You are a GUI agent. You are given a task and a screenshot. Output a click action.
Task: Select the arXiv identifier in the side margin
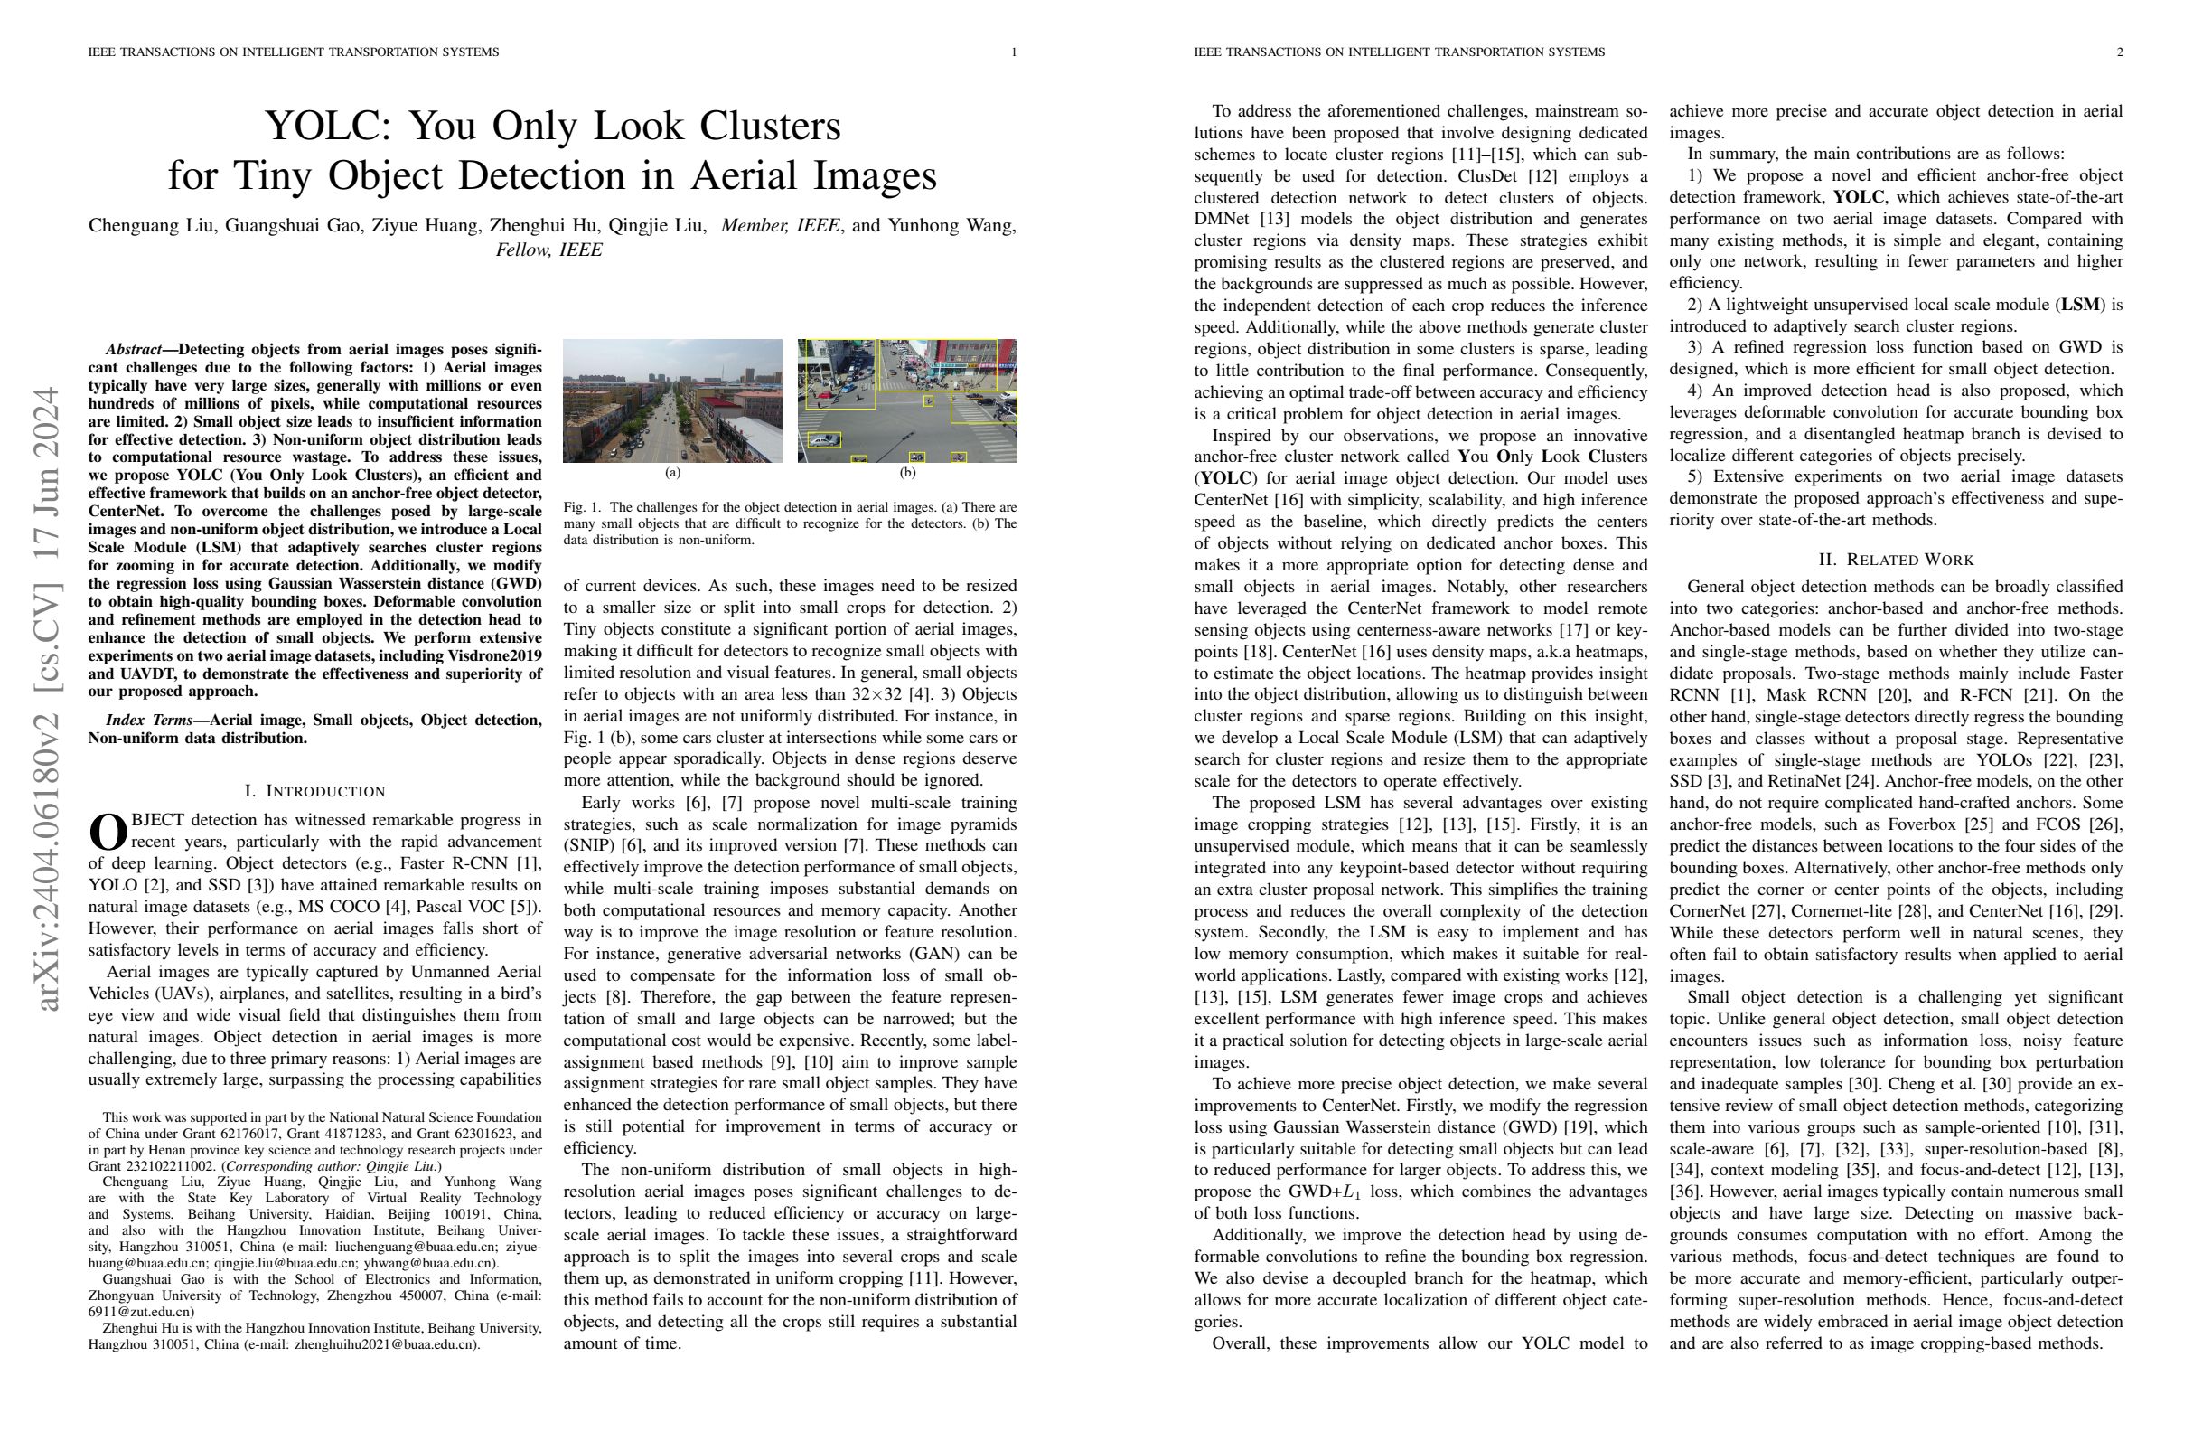(46, 697)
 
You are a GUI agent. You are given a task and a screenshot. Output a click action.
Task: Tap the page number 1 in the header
(1014, 52)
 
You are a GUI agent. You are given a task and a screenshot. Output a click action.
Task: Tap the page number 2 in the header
(2120, 52)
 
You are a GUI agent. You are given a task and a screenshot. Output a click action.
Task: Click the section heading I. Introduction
(314, 791)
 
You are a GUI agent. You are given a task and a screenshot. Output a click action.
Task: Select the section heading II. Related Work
(1896, 560)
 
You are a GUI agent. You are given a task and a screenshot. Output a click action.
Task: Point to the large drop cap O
(107, 833)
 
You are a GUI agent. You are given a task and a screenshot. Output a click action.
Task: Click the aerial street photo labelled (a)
(672, 400)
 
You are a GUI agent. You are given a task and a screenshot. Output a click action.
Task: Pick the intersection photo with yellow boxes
(907, 400)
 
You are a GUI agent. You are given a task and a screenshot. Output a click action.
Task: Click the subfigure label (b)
(907, 473)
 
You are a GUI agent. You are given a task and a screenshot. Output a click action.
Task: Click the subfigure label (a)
(672, 473)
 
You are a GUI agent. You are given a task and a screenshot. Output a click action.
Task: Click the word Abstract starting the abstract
(133, 350)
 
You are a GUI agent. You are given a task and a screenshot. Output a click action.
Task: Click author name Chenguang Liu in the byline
(151, 226)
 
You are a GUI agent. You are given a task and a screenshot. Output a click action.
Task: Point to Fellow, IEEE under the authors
(548, 250)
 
